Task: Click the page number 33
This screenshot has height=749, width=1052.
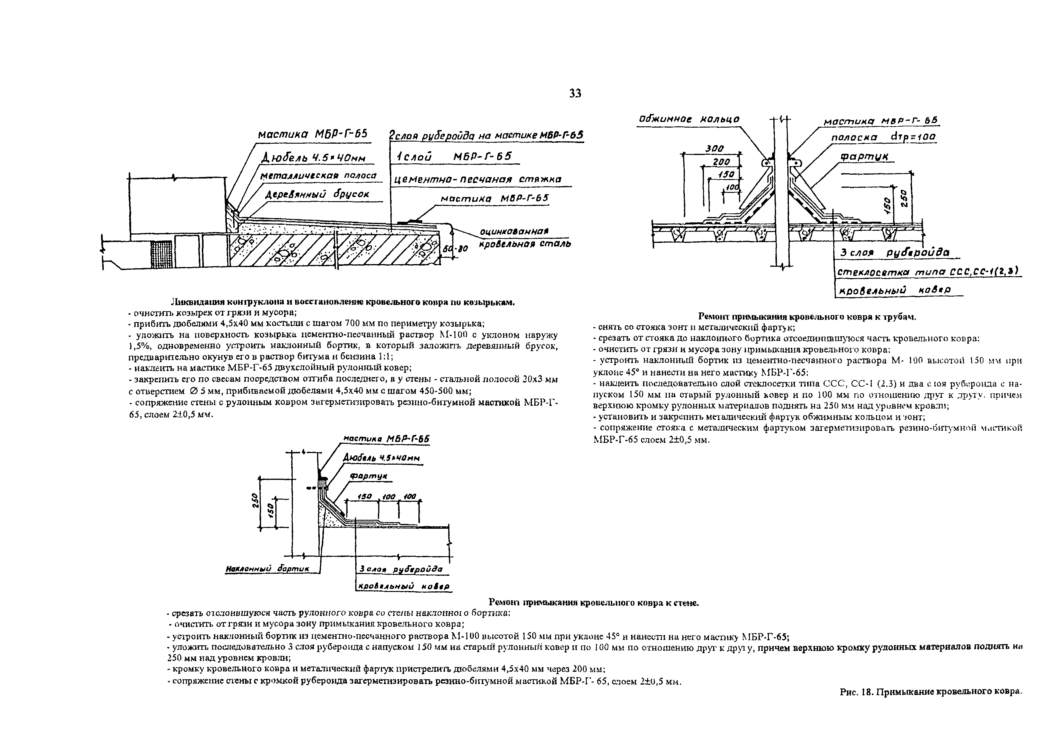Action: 575,94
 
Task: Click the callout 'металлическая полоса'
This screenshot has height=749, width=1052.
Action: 318,176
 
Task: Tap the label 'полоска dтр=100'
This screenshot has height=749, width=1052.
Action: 883,137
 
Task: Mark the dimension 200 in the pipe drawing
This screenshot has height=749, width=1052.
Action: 721,162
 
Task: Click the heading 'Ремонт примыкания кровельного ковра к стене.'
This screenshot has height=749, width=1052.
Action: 594,602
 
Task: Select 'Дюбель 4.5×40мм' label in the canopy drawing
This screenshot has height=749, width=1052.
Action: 314,158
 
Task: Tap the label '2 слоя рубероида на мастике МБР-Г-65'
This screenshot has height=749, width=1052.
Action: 486,136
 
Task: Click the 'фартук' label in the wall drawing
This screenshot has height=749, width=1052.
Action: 369,476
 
